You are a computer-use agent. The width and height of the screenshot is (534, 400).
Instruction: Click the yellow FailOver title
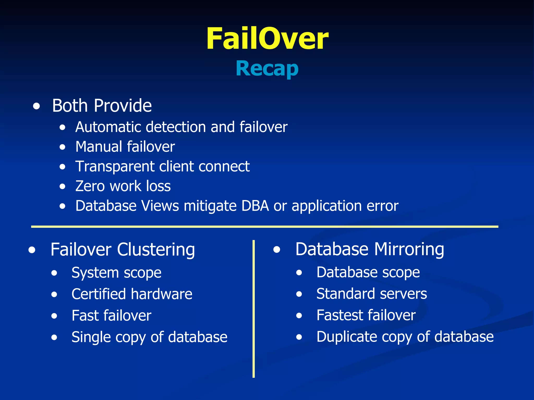267,39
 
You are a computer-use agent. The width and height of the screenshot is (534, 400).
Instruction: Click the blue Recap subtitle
267,68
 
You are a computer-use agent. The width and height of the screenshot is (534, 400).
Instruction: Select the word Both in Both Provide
70,106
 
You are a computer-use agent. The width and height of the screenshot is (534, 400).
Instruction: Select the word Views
160,206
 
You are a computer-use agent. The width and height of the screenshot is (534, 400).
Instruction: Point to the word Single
91,337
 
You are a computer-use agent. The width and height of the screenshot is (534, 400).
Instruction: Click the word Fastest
341,315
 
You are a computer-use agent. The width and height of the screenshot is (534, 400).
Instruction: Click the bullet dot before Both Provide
37,106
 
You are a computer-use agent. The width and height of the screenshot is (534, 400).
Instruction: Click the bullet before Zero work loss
62,186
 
